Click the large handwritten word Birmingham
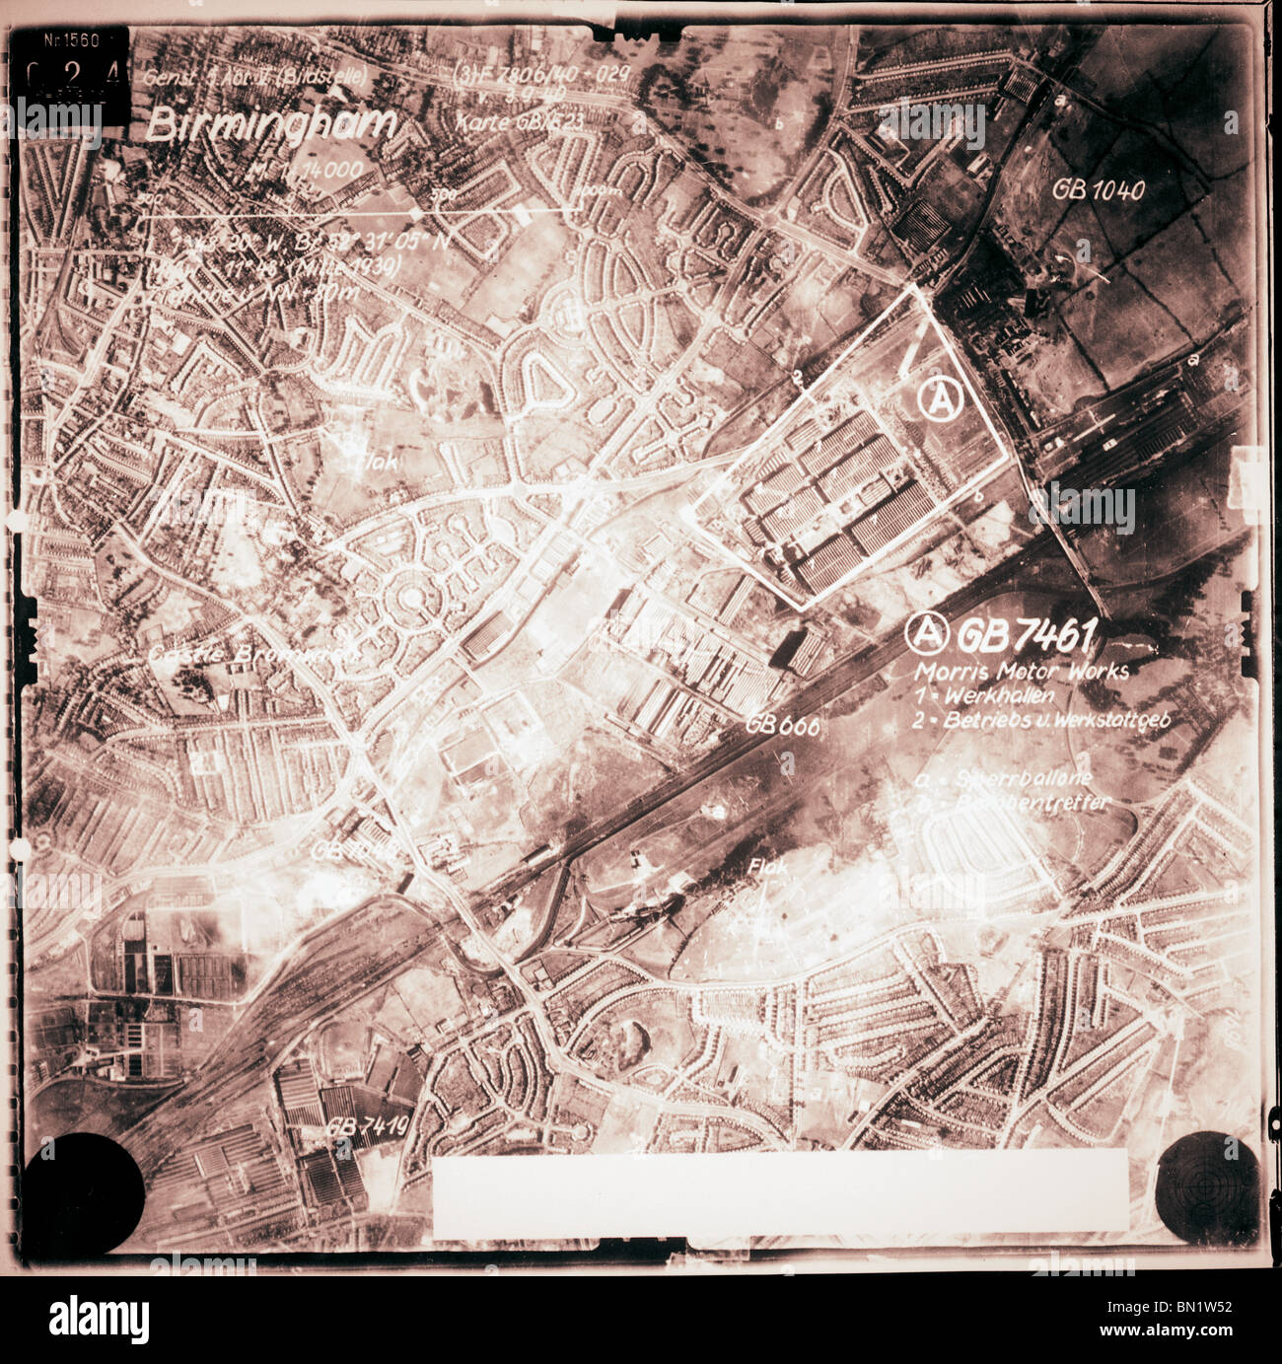[271, 125]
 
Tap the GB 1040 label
[1098, 189]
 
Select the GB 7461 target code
[1024, 637]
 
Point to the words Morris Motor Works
[1022, 672]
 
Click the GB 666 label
[783, 725]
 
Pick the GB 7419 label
[367, 1126]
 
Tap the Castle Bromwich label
[251, 655]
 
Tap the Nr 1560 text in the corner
[73, 39]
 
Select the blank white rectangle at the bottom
[779, 1193]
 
